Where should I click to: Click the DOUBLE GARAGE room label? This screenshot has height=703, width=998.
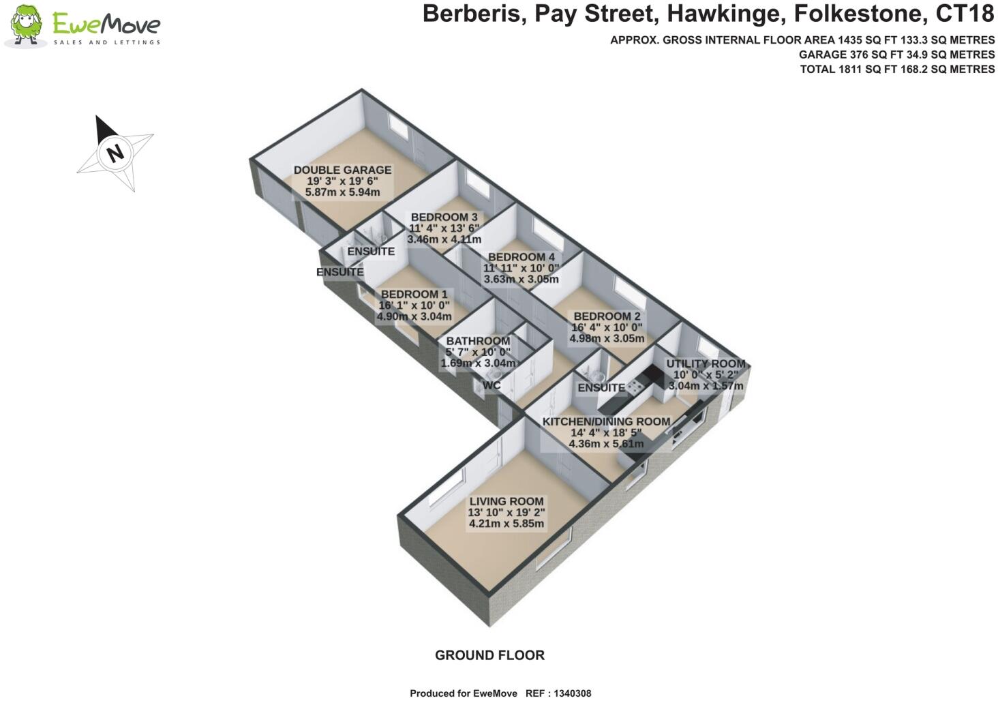coord(342,170)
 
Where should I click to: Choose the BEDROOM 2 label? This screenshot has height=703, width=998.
coord(607,316)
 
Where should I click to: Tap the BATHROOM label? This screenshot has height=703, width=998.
coord(477,341)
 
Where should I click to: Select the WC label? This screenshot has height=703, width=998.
coord(491,386)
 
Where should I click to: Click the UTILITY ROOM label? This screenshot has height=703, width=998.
coord(706,364)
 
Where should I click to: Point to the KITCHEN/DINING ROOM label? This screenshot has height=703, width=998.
coord(606,421)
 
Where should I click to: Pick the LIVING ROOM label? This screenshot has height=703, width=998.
coord(506,501)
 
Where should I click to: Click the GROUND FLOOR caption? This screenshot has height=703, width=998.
coord(489,655)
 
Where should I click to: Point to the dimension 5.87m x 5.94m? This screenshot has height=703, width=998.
coord(342,192)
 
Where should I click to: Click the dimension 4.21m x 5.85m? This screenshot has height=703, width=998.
coord(506,524)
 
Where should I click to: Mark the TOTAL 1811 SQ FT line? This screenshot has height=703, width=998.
coord(897,69)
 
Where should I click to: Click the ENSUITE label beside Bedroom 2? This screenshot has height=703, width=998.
coord(601,387)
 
